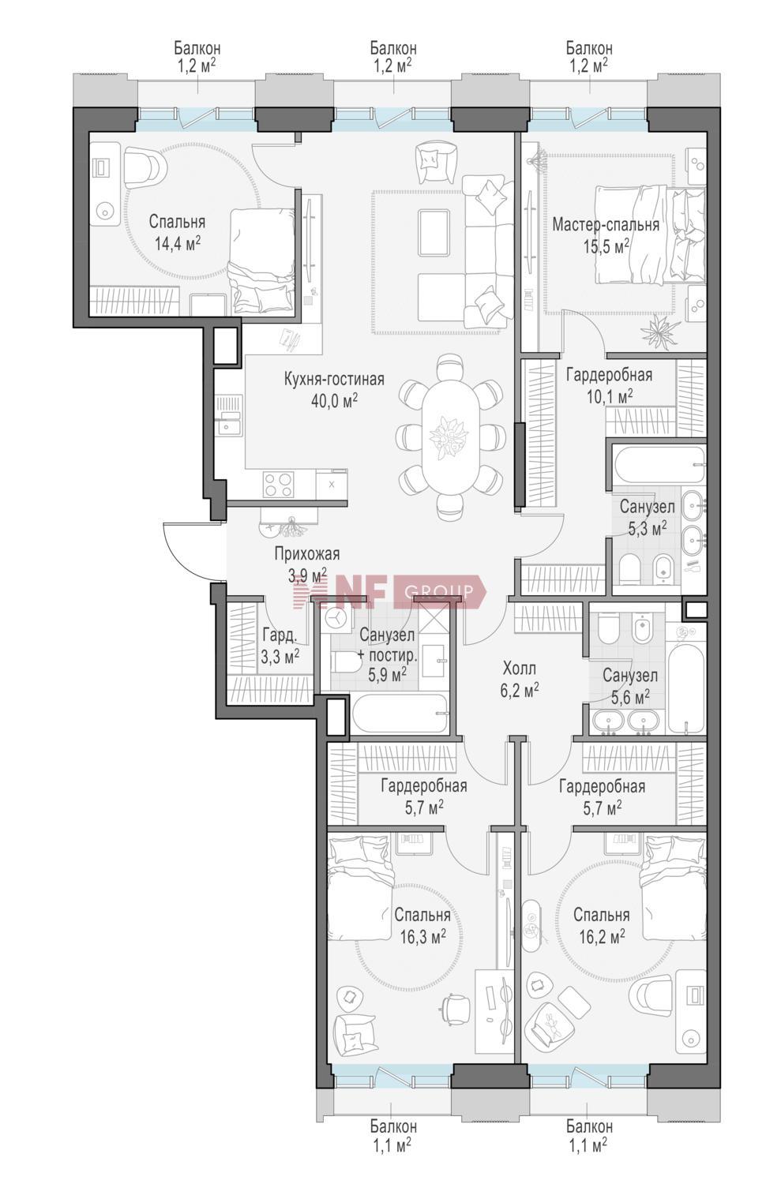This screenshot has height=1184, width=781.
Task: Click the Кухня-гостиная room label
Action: tap(334, 379)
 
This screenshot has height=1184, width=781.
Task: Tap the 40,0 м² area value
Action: tap(334, 400)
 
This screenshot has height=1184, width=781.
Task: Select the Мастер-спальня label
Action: tap(606, 225)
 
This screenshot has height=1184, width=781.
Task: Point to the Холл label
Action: tap(519, 669)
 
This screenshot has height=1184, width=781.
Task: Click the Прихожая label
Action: tap(306, 554)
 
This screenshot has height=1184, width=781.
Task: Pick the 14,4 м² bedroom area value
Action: tap(177, 243)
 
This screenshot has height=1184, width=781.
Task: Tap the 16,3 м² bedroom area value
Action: tap(422, 937)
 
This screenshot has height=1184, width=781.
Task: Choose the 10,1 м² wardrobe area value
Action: tap(610, 396)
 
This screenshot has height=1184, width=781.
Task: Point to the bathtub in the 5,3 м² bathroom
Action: tap(659, 463)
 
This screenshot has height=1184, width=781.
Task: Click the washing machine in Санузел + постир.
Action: tap(337, 618)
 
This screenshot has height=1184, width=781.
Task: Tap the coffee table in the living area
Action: tap(434, 232)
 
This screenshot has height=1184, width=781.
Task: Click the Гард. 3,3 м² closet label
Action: tap(280, 646)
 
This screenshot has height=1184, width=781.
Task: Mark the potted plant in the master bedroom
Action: tap(659, 331)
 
